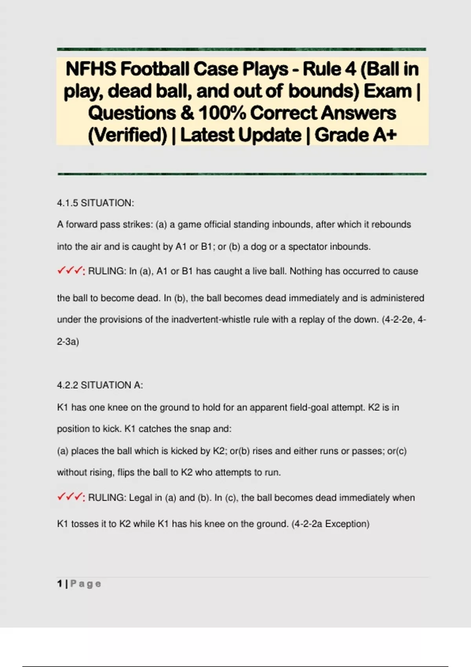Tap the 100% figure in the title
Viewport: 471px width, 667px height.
(222, 113)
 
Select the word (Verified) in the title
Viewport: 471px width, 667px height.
(128, 135)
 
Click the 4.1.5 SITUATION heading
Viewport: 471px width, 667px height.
(95, 203)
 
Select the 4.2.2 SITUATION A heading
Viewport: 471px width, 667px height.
(100, 385)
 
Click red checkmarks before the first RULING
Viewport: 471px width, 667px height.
(70, 271)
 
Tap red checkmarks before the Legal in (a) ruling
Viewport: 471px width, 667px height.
(70, 497)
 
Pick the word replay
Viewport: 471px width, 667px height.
(312, 320)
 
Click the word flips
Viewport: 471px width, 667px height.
(126, 472)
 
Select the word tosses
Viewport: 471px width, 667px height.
(83, 524)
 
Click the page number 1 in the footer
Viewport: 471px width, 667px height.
(59, 583)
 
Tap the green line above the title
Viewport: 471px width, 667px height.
(241, 49)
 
